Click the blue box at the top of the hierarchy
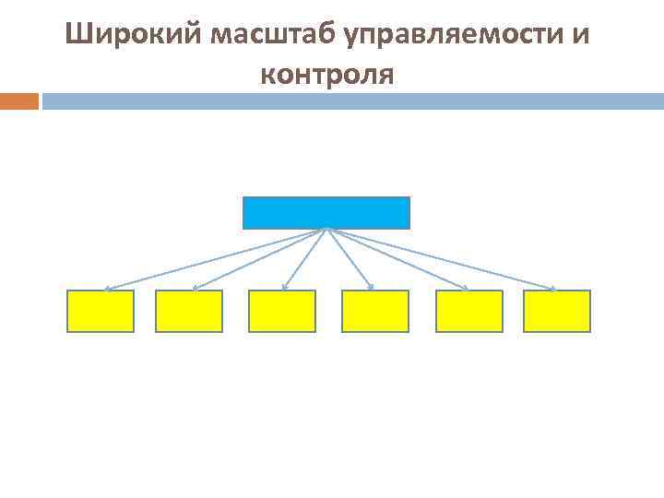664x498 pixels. pyautogui.click(x=326, y=212)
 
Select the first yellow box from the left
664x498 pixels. pyautogui.click(x=101, y=311)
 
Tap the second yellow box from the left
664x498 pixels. pyautogui.click(x=189, y=311)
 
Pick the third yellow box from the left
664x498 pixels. pyautogui.click(x=282, y=311)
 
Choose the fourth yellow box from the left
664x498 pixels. pyautogui.click(x=375, y=311)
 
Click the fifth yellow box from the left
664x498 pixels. pyautogui.click(x=468, y=311)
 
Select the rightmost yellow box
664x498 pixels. pyautogui.click(x=557, y=311)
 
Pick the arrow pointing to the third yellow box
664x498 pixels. pyautogui.click(x=303, y=259)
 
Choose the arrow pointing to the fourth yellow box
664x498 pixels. pyautogui.click(x=350, y=259)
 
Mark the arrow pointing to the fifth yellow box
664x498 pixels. pyautogui.click(x=397, y=259)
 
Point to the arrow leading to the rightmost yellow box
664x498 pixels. pyautogui.click(x=441, y=259)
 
